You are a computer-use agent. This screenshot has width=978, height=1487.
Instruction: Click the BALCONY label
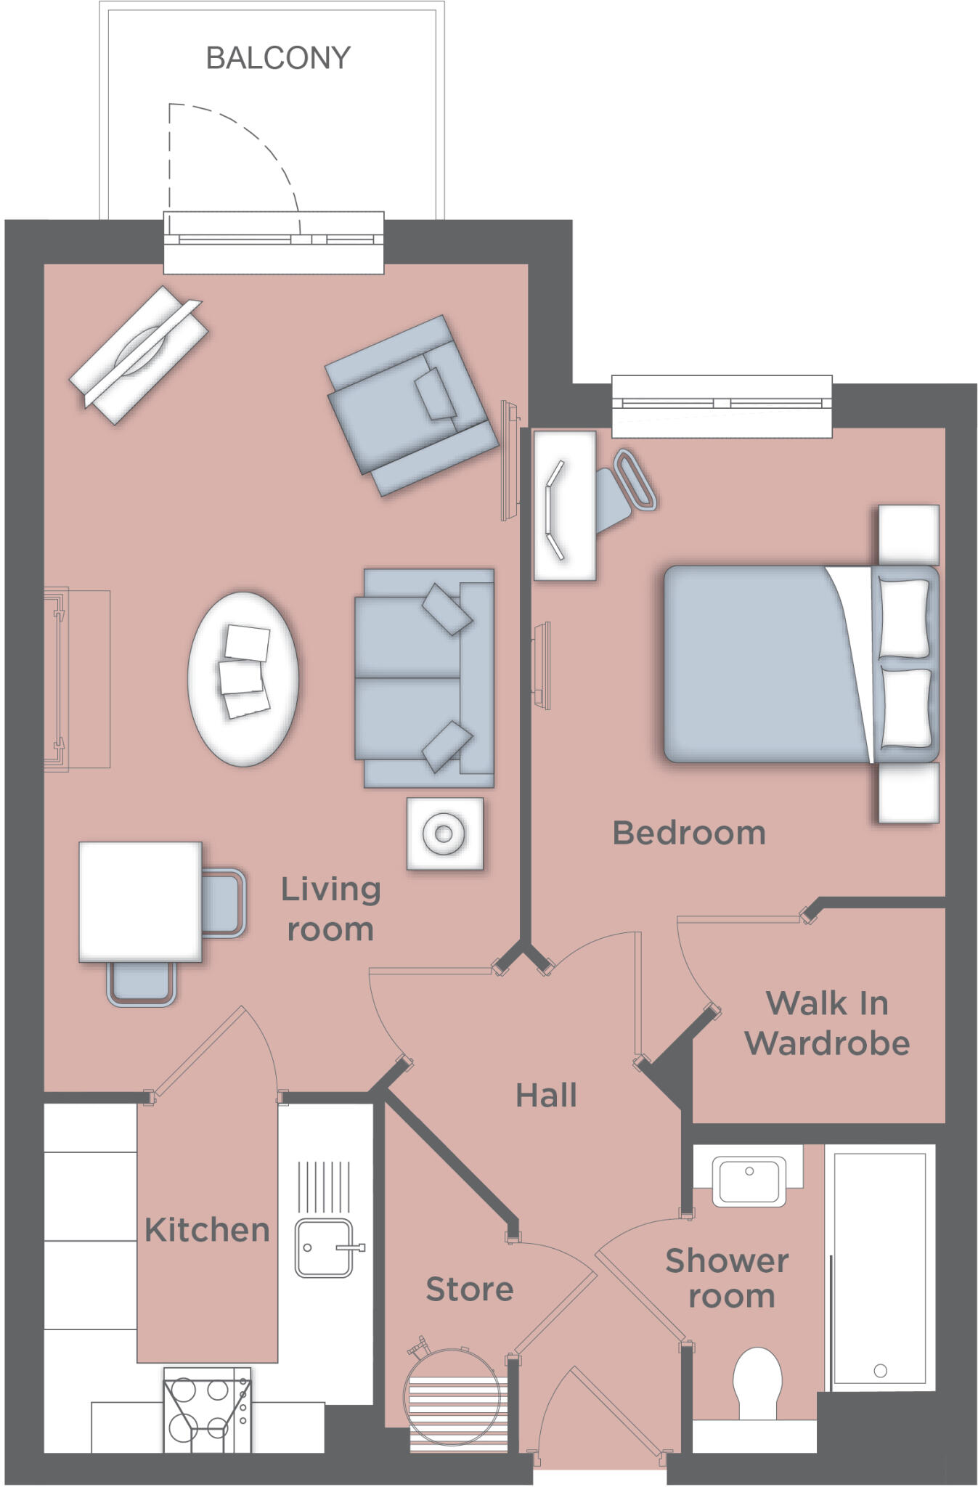click(278, 58)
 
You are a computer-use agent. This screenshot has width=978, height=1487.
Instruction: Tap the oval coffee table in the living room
click(243, 678)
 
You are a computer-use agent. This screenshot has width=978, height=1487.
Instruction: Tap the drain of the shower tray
click(880, 1370)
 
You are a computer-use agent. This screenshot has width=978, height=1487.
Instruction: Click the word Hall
click(546, 1096)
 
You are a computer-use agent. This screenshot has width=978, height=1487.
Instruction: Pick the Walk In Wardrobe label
click(827, 1024)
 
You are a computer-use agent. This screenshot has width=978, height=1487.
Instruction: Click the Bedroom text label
click(689, 833)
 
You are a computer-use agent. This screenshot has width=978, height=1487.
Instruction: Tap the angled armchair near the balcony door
click(410, 405)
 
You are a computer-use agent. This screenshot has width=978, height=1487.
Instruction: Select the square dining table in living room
click(140, 902)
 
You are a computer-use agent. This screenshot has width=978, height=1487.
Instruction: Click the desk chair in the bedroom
click(624, 486)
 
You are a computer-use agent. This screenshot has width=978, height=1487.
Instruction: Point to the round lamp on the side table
click(444, 833)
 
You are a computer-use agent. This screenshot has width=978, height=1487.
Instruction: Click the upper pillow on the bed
click(904, 618)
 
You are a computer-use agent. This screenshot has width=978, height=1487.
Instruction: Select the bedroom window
click(722, 406)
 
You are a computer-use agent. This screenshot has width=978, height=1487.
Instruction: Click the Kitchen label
click(207, 1230)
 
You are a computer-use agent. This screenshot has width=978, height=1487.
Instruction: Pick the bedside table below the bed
click(908, 792)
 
